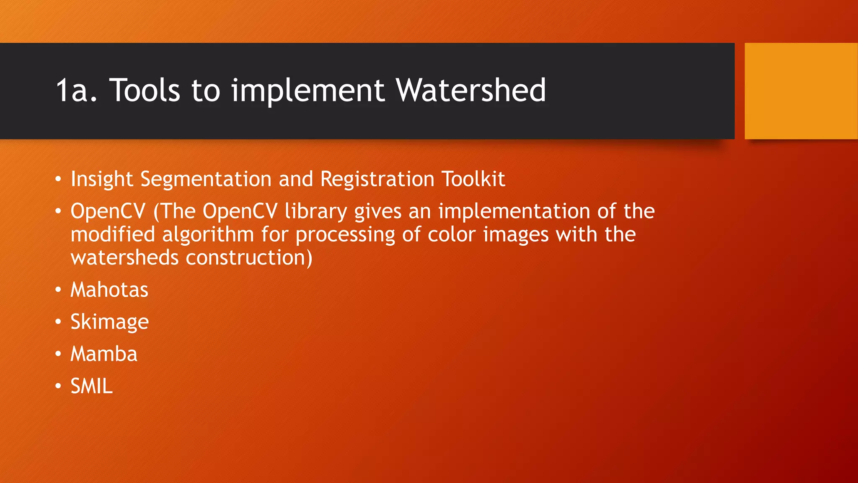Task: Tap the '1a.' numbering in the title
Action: tap(77, 91)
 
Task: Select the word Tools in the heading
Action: tap(145, 91)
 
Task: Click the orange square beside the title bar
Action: tap(801, 91)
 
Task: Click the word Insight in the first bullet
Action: tap(102, 179)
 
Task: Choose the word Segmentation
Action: tap(206, 179)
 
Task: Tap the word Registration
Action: tap(377, 179)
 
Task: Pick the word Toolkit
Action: tap(473, 179)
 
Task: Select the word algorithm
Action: tap(208, 235)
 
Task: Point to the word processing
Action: tap(345, 235)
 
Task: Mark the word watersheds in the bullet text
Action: tap(124, 257)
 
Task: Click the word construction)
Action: tap(249, 257)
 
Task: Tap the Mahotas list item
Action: tap(109, 290)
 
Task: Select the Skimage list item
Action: tap(109, 322)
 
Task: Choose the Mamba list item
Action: tap(104, 354)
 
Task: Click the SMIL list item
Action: tap(91, 386)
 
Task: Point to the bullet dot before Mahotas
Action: tap(58, 290)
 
